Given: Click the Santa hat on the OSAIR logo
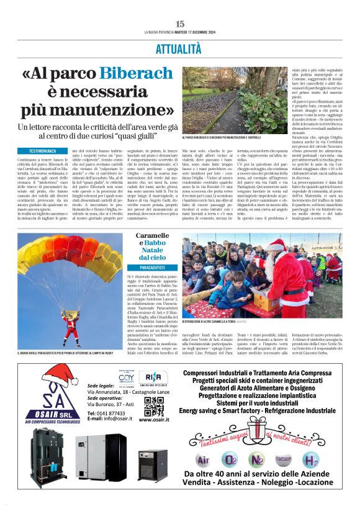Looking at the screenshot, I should click(58, 375).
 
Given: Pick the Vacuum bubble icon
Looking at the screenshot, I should click(284, 459).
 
